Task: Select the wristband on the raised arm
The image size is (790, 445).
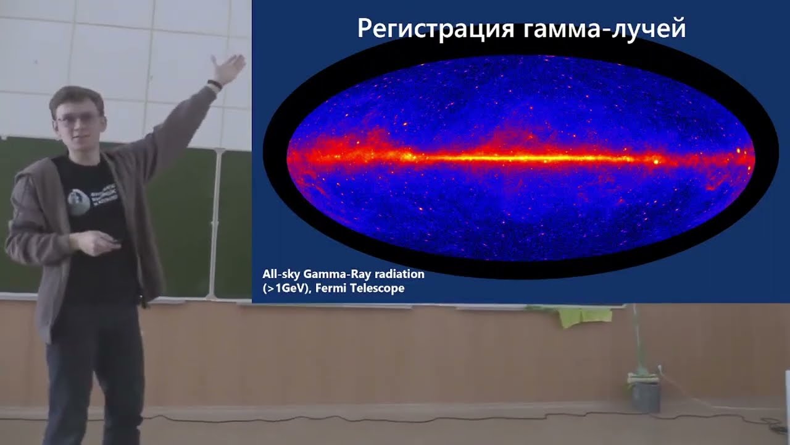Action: (x=214, y=84)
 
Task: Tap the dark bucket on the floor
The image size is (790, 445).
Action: (x=646, y=397)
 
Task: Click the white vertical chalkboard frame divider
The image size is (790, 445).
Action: (x=216, y=222)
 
